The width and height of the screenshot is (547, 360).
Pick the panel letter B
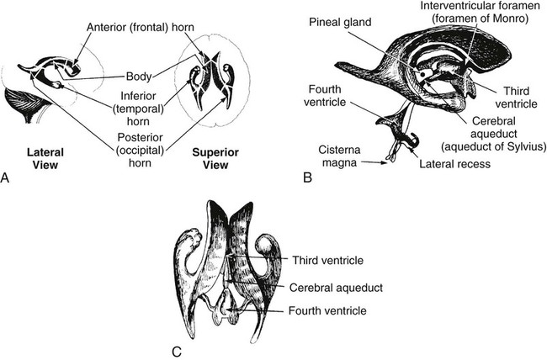[x=308, y=178]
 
